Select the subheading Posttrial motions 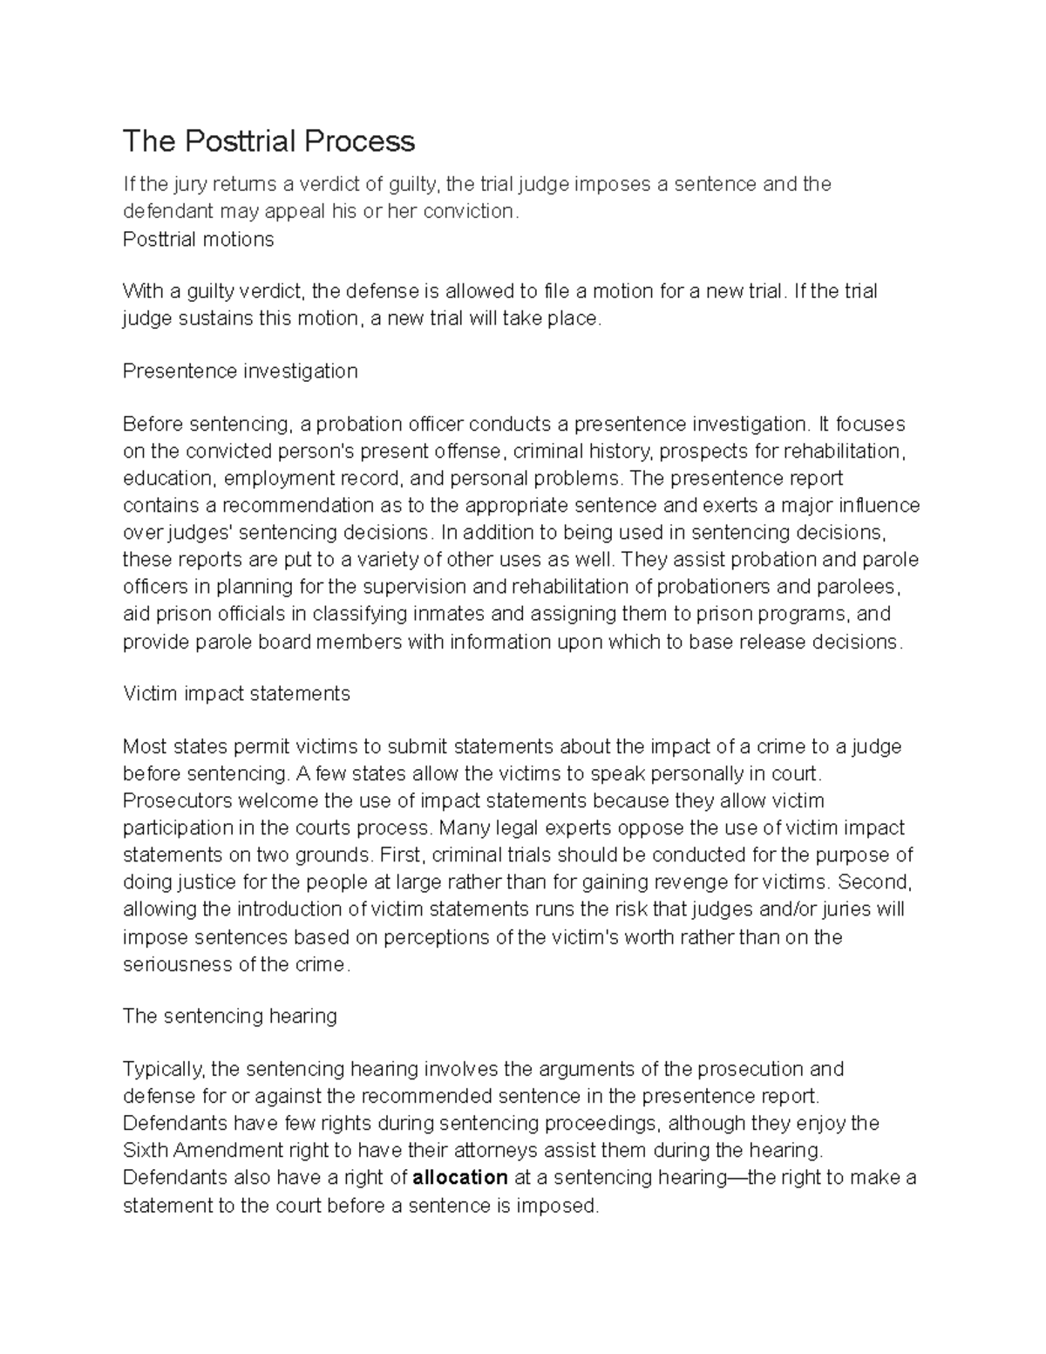(x=198, y=240)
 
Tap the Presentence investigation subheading (x=240, y=371)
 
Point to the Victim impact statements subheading (x=236, y=694)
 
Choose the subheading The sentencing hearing (x=229, y=1017)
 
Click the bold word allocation (x=460, y=1178)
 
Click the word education (x=167, y=479)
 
